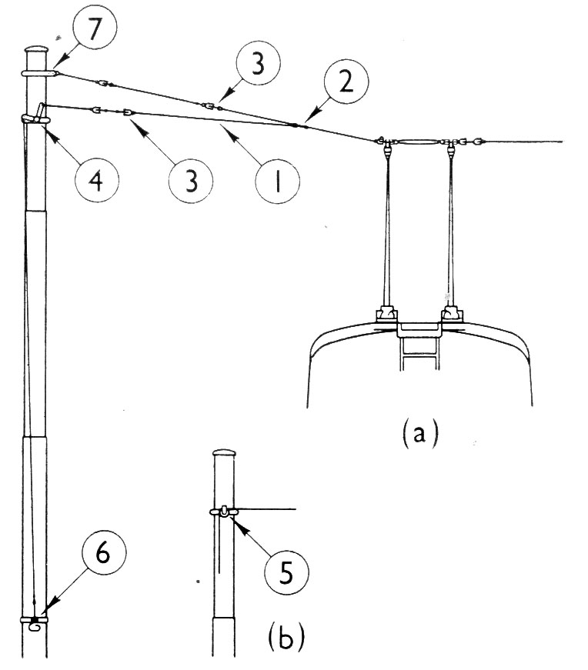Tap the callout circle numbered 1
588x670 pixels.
[278, 182]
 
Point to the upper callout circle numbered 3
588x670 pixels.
[257, 63]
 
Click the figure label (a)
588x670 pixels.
[420, 432]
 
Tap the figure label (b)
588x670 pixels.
[286, 637]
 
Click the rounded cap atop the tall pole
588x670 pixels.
[36, 49]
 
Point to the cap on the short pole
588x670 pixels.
[224, 452]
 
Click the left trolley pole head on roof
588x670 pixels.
[387, 314]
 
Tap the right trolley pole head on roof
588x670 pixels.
[452, 314]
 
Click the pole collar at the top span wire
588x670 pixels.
[38, 74]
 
